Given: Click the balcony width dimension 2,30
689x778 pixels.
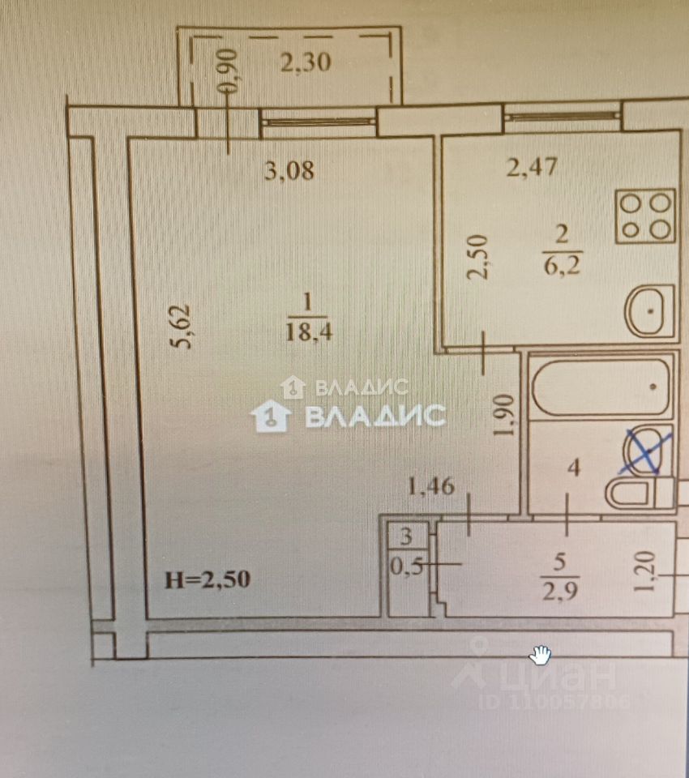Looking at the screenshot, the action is coord(306,62).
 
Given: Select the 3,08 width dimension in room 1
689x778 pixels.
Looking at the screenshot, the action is coord(290,171).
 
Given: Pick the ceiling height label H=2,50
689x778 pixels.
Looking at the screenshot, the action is coord(208,579).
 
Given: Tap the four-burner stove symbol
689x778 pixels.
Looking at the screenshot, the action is coord(645,216).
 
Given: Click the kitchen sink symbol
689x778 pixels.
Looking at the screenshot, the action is coord(650,311).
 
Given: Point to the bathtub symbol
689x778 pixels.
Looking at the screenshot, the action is coord(601,386).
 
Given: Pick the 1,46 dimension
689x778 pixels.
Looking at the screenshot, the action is coord(431,487).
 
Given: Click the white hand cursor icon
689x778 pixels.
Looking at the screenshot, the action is coord(541,653).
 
